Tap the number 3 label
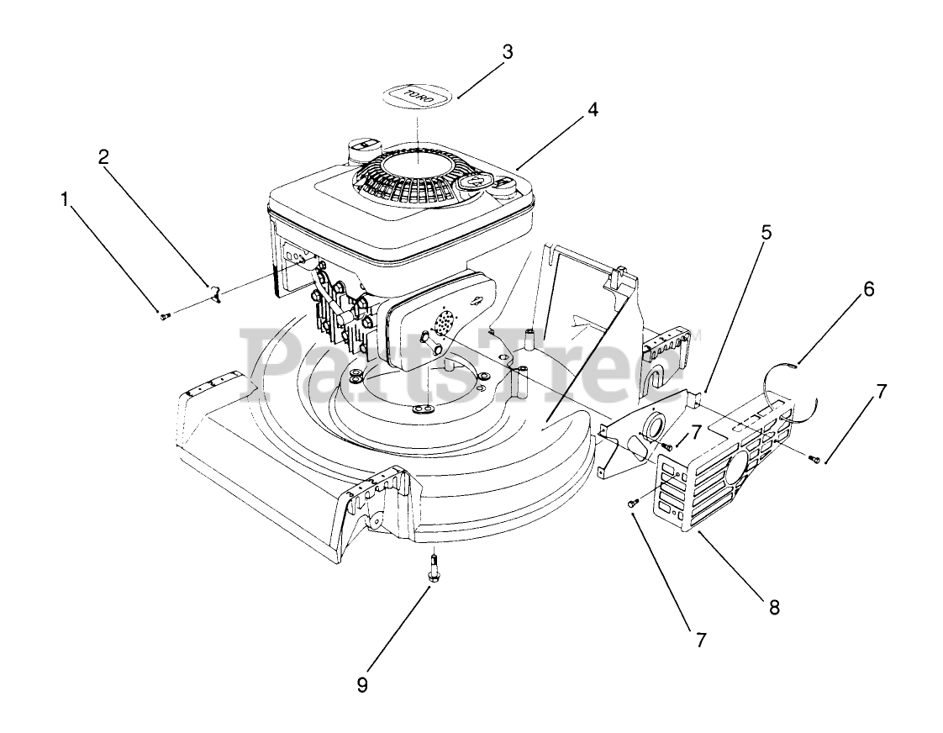(x=506, y=50)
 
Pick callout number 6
(x=868, y=289)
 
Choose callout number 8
(x=773, y=607)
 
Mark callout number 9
(x=362, y=685)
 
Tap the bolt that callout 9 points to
(x=433, y=570)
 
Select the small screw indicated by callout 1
(x=163, y=314)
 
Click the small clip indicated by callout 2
(x=215, y=293)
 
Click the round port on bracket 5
(x=648, y=426)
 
